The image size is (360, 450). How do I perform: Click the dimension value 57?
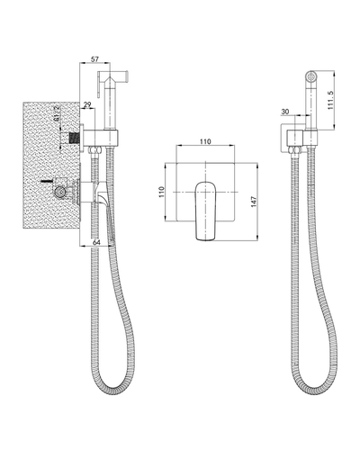(x=94, y=59)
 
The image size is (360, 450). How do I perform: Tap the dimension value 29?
(x=87, y=105)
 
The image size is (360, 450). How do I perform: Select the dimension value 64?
(x=96, y=242)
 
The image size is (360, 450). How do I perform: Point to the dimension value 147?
(x=254, y=202)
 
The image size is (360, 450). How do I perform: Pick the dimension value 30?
(x=285, y=112)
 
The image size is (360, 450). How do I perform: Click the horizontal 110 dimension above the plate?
(x=205, y=141)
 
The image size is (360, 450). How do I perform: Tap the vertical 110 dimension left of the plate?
(x=161, y=192)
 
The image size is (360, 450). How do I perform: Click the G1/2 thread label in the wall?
(x=57, y=113)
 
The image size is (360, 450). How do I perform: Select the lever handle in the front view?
(x=205, y=211)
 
